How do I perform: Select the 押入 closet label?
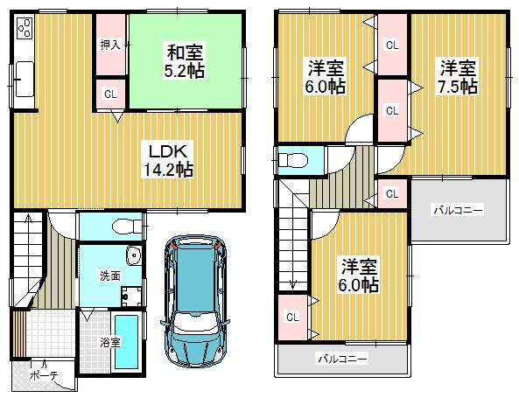pos(109,45)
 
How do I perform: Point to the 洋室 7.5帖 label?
pos(458,77)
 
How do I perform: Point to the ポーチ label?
pos(43,375)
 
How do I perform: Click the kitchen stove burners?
pos(24,29)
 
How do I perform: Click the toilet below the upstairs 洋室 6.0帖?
pos(291,160)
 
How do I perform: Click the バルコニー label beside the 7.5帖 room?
pos(457,210)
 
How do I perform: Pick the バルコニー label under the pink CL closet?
pos(341,359)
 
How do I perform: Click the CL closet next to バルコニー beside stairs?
pos(291,318)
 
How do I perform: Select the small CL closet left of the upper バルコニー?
pos(392,193)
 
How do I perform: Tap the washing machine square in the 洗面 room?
pos(132,297)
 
